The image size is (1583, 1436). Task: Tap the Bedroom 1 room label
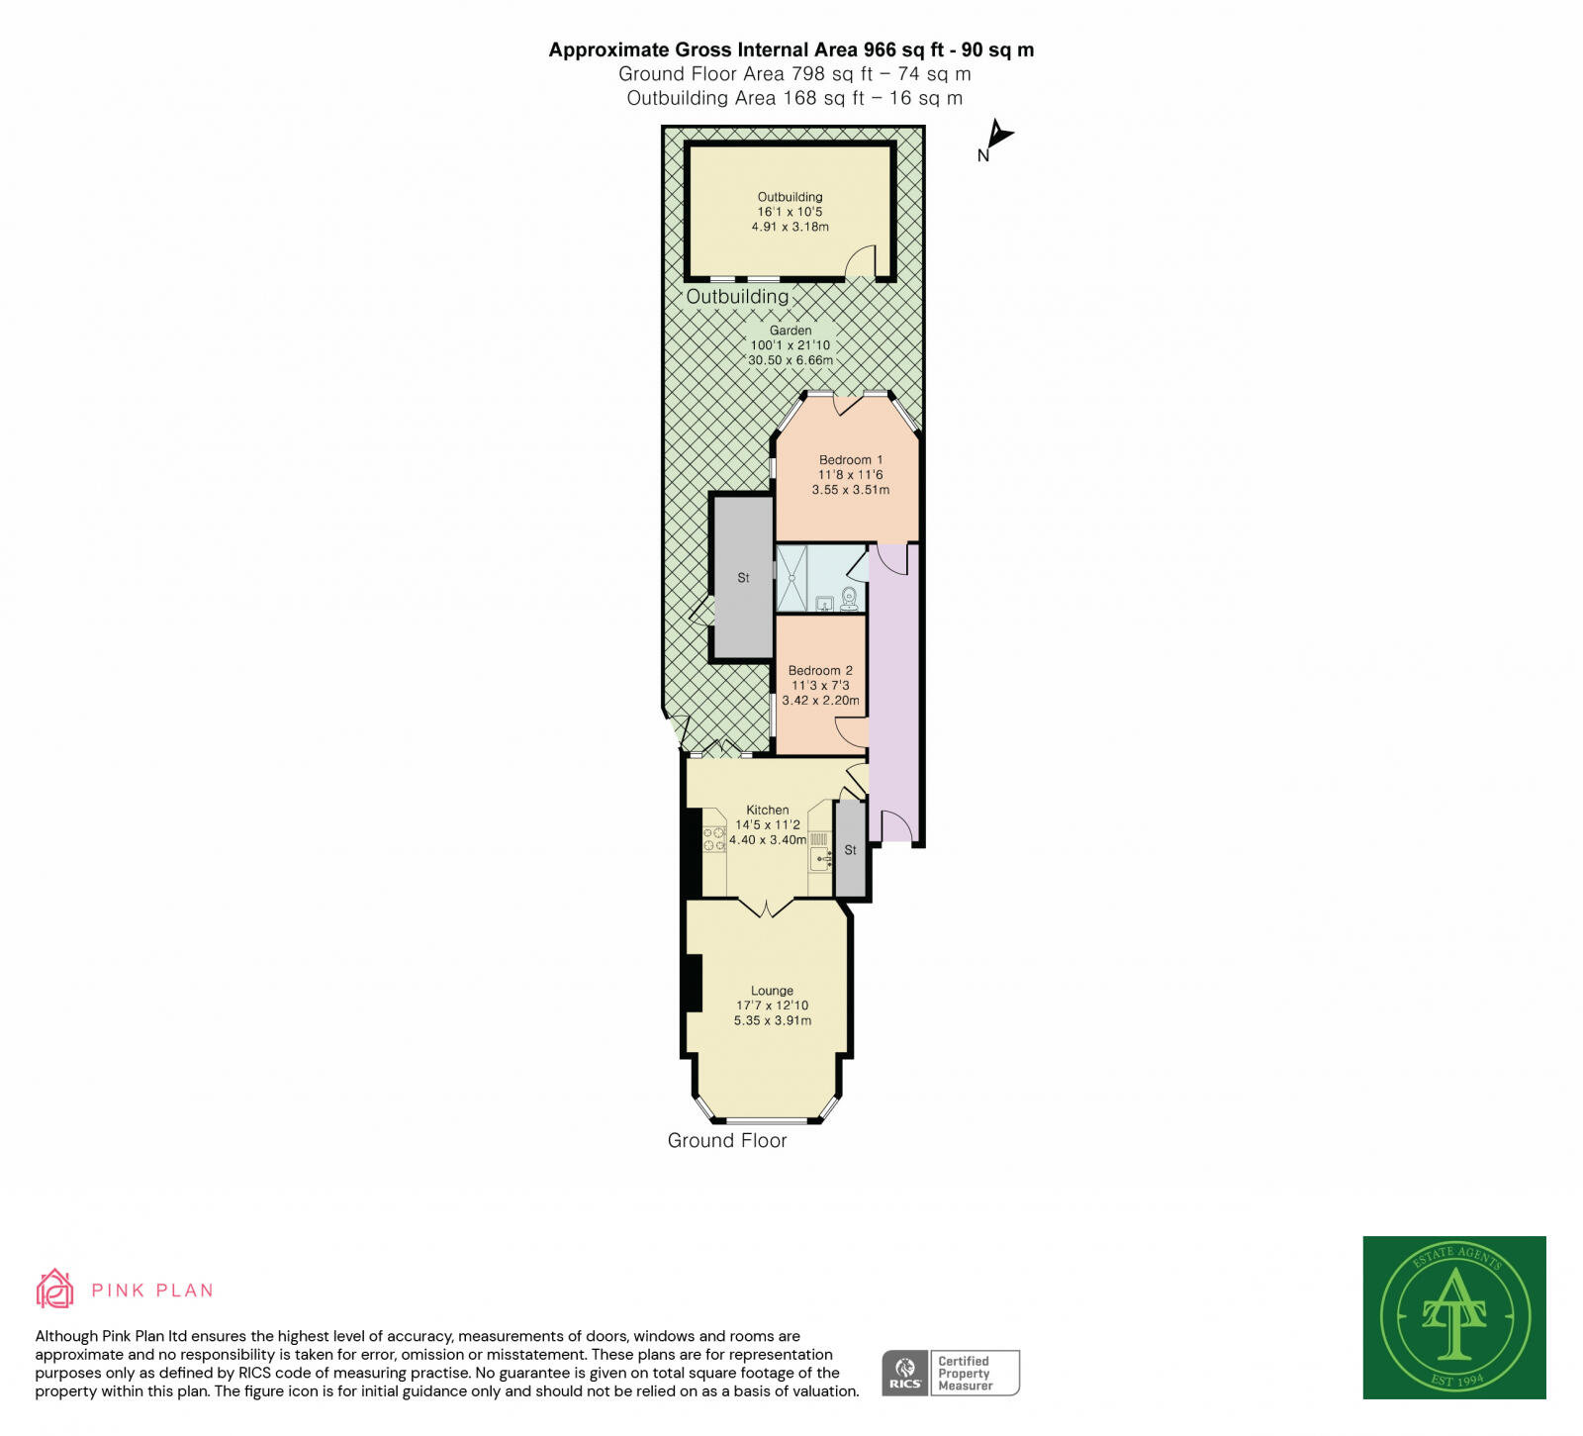(x=850, y=459)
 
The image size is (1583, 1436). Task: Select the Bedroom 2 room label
(x=820, y=670)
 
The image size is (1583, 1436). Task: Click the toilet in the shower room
(x=849, y=599)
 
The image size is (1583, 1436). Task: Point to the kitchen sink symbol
(x=820, y=857)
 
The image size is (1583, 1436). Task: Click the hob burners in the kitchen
(x=713, y=840)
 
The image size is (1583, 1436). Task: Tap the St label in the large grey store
(x=743, y=577)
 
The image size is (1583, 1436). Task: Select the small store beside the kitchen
(x=850, y=849)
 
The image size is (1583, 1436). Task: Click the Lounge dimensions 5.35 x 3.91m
(x=772, y=1020)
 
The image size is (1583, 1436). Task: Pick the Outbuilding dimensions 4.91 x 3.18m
(x=790, y=227)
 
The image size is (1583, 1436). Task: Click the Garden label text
(x=791, y=331)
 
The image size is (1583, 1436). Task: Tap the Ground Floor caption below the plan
(x=727, y=1140)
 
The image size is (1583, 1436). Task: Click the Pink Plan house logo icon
(x=55, y=1289)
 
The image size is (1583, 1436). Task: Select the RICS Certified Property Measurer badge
(x=950, y=1373)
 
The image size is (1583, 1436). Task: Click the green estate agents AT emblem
(x=1453, y=1316)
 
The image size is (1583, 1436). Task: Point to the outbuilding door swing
(x=862, y=262)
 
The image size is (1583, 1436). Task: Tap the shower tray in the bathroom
(x=791, y=578)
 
